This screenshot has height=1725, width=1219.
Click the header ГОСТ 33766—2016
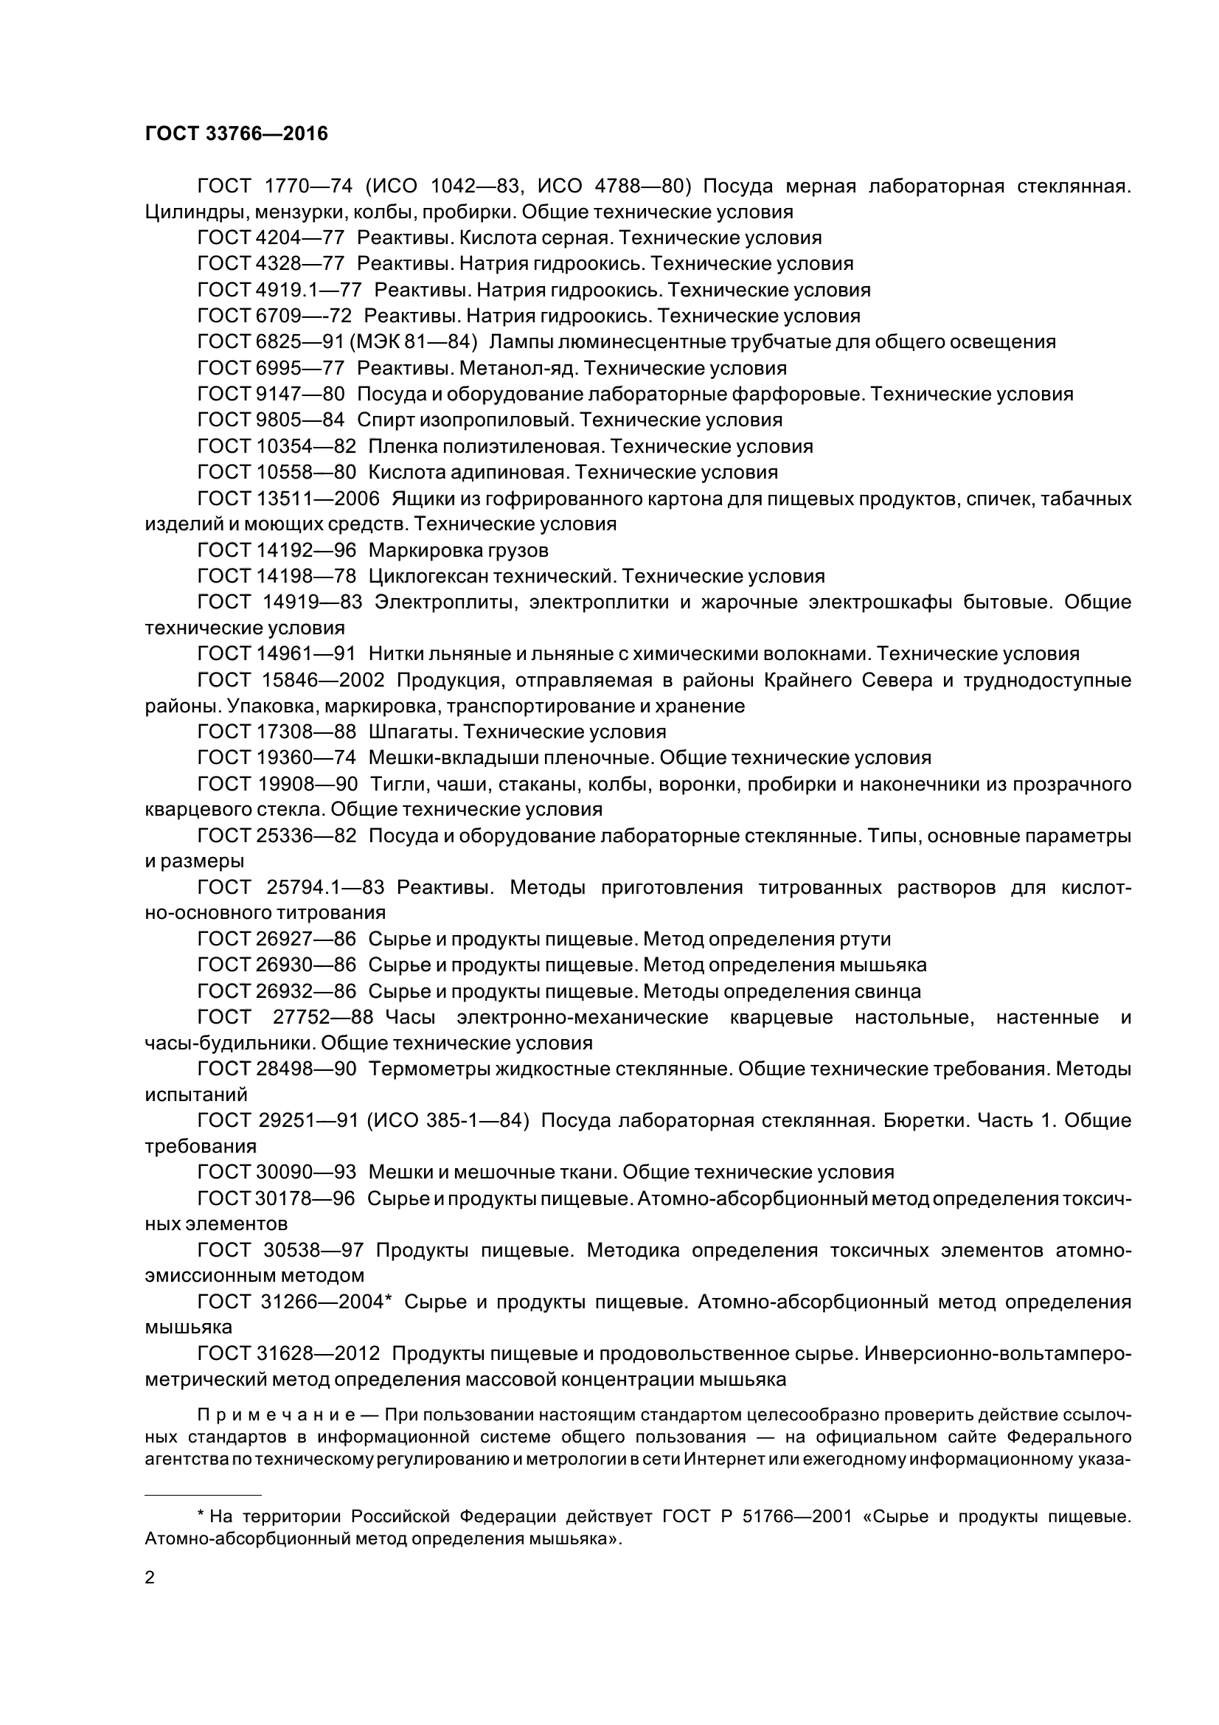click(237, 133)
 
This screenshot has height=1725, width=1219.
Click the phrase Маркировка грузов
click(458, 551)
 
